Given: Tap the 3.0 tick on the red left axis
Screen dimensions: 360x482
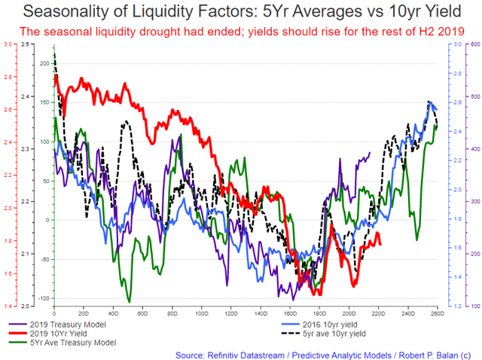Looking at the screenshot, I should click(x=6, y=45).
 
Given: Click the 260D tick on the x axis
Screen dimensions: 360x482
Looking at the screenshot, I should click(x=436, y=312).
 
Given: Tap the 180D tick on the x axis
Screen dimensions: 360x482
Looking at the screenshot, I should click(x=319, y=312).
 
